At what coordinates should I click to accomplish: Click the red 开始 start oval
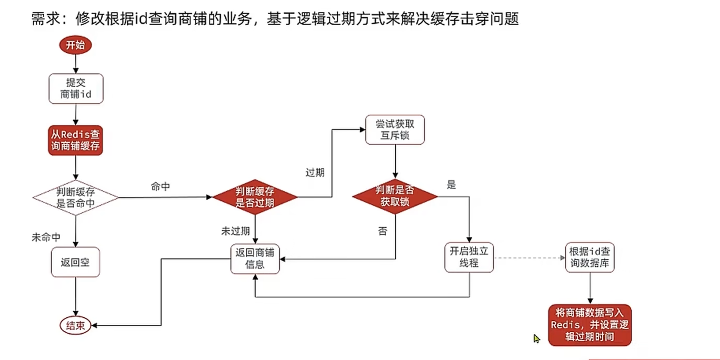(x=75, y=45)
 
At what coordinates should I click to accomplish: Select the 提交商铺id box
(x=76, y=89)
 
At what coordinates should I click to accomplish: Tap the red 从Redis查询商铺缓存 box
(x=76, y=140)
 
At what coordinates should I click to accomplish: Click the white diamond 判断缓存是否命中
(x=76, y=197)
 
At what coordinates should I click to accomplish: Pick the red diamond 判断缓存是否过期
(x=255, y=197)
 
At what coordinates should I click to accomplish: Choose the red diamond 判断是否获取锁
(x=395, y=196)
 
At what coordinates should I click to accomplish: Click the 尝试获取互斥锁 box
(x=395, y=130)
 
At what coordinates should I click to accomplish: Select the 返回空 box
(x=75, y=262)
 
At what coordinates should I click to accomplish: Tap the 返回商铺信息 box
(x=255, y=259)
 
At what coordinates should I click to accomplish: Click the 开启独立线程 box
(x=469, y=257)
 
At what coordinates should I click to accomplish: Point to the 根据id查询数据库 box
(x=590, y=257)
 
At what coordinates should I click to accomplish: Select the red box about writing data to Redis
(x=590, y=325)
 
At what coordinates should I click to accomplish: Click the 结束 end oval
(x=75, y=326)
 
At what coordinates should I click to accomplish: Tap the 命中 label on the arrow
(x=160, y=186)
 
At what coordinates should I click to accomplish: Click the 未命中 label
(x=46, y=237)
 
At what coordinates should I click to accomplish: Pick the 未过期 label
(x=235, y=231)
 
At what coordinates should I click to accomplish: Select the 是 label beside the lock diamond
(x=451, y=185)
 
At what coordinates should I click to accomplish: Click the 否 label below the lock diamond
(x=382, y=231)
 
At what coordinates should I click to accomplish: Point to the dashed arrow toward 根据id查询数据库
(x=529, y=258)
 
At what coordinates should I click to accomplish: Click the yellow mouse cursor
(x=536, y=338)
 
